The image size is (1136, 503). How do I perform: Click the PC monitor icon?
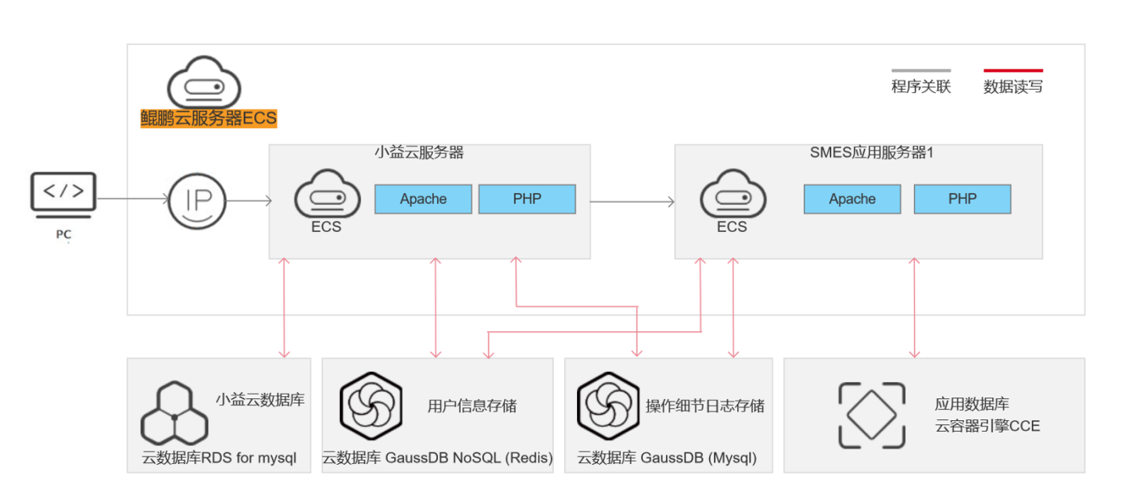tap(63, 192)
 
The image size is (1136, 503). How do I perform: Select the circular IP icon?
tap(197, 201)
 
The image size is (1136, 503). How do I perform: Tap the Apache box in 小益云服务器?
tap(423, 199)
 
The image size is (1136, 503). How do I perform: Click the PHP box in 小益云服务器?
tap(527, 199)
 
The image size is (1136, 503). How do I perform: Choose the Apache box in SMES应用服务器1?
tap(852, 199)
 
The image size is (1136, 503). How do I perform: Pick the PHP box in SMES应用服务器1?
tap(962, 199)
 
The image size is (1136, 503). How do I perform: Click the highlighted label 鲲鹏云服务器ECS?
tap(209, 119)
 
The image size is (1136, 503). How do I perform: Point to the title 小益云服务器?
tap(419, 153)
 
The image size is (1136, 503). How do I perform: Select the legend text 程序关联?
tap(921, 87)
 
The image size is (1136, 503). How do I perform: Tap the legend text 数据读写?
tap(1013, 87)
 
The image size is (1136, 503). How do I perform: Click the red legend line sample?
tap(1013, 70)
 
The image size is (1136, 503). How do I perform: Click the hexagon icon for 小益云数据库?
tap(174, 412)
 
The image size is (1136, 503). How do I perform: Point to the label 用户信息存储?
tap(472, 406)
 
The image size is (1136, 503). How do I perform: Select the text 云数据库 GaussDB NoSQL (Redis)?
tap(437, 458)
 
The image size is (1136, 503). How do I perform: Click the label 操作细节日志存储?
tap(704, 406)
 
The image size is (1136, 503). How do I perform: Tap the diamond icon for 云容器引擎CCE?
tap(872, 416)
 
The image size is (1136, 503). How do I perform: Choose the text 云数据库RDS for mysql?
tap(219, 458)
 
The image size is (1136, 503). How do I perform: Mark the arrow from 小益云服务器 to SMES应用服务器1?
tap(633, 202)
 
